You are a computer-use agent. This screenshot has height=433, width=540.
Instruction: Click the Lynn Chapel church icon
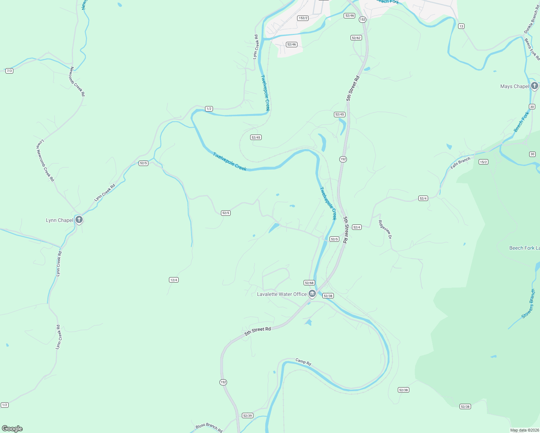[x=79, y=219]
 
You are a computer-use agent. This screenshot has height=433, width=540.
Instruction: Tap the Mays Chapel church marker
[x=534, y=86]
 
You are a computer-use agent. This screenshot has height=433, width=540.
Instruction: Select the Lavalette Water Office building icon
[x=312, y=294]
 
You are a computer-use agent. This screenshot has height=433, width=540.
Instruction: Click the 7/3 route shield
[x=9, y=71]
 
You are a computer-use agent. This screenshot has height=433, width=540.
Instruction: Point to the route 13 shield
[x=461, y=26]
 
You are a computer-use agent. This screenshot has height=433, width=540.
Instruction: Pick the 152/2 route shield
[x=303, y=18]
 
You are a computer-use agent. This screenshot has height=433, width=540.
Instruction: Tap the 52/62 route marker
[x=356, y=38]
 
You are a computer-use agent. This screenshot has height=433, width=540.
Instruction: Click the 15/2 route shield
[x=483, y=162]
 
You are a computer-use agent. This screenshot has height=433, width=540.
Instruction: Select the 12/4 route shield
[x=174, y=280]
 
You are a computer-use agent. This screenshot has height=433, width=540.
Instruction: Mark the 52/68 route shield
[x=309, y=283]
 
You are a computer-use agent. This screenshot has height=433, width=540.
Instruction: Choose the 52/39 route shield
[x=248, y=416]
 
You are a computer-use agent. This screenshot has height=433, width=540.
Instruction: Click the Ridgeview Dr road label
[x=385, y=229]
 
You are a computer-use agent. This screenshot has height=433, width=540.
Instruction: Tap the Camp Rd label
[x=303, y=362]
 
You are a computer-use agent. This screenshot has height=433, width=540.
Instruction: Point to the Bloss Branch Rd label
[x=209, y=428]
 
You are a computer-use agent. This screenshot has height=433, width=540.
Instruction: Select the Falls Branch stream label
[x=460, y=163]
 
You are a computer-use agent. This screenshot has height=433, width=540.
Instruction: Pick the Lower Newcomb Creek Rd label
[x=45, y=161]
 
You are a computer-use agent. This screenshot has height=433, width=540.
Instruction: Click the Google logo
[x=12, y=429]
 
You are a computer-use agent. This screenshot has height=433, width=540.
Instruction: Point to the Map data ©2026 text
[x=524, y=430]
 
